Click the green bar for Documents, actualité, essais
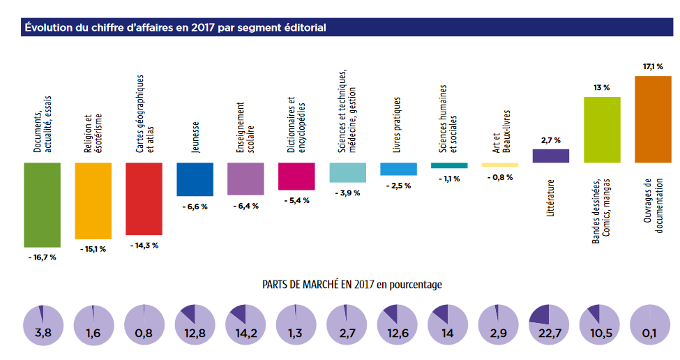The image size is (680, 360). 42,204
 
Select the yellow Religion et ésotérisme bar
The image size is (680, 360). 93,201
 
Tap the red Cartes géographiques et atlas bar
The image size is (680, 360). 144,199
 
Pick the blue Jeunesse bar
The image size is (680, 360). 195,179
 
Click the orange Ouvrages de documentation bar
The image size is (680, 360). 653,119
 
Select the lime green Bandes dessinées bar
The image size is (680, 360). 602,130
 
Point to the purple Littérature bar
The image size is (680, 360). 551,156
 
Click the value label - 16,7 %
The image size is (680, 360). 42,257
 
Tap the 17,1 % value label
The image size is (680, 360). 653,66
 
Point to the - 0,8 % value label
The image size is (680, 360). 500,177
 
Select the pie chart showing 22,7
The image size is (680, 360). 550,326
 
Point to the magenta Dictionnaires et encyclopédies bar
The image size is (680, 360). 296,177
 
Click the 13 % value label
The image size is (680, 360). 602,88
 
